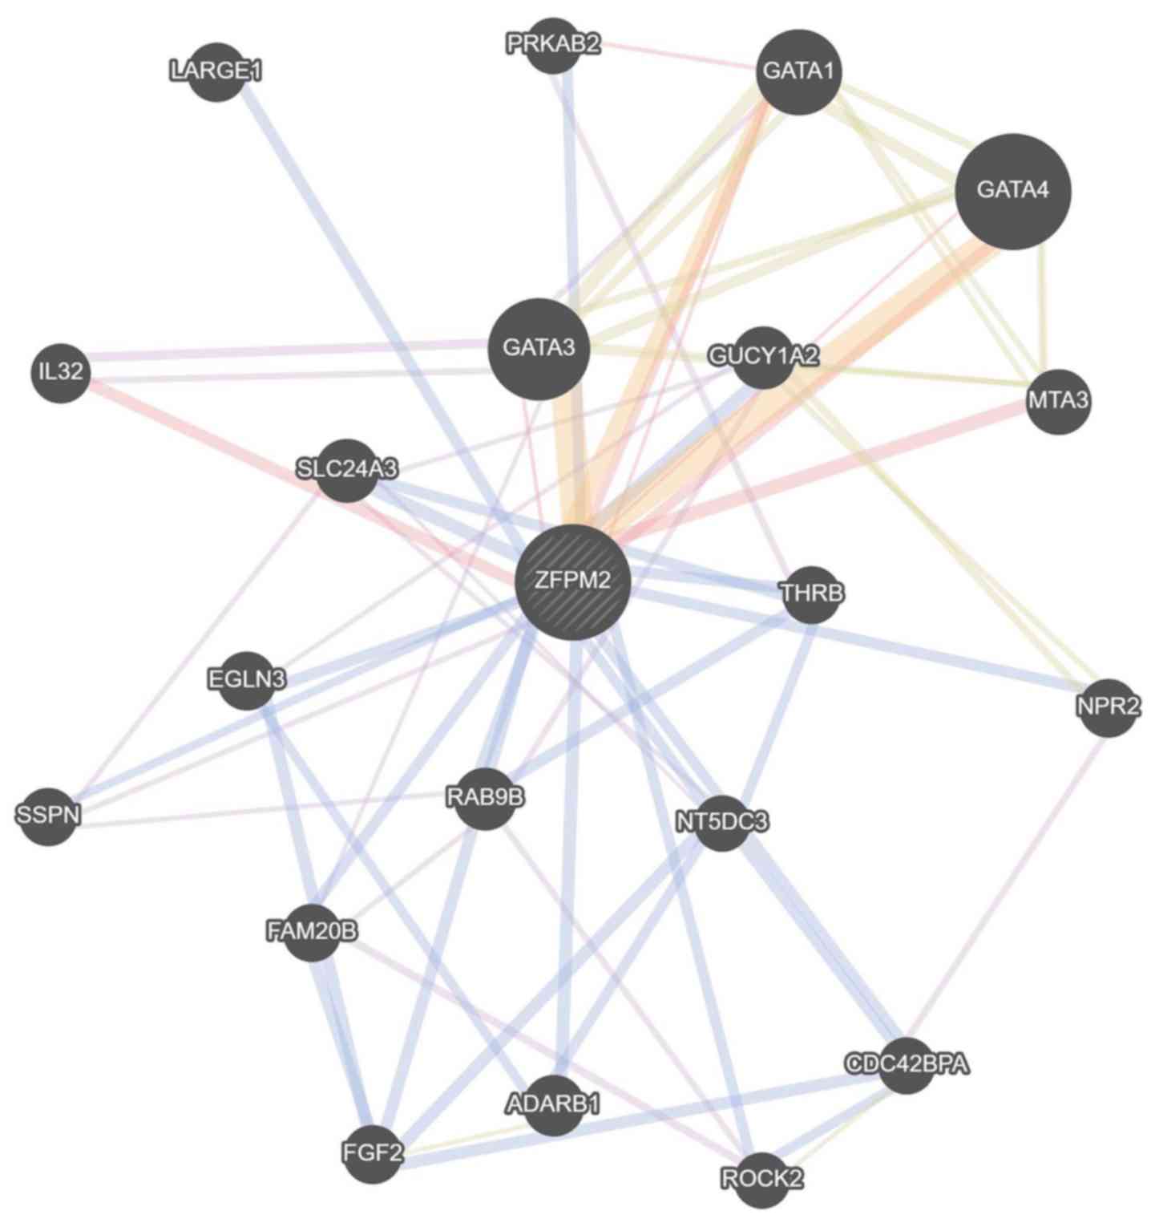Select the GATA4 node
(1013, 191)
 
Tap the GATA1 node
(798, 71)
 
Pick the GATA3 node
(539, 349)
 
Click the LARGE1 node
(216, 71)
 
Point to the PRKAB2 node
(553, 45)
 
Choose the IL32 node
(61, 373)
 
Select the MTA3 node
(1059, 401)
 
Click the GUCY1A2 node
(764, 357)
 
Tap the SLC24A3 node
(347, 470)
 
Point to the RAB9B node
(485, 799)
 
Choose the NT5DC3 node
(722, 822)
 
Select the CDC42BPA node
(907, 1065)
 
